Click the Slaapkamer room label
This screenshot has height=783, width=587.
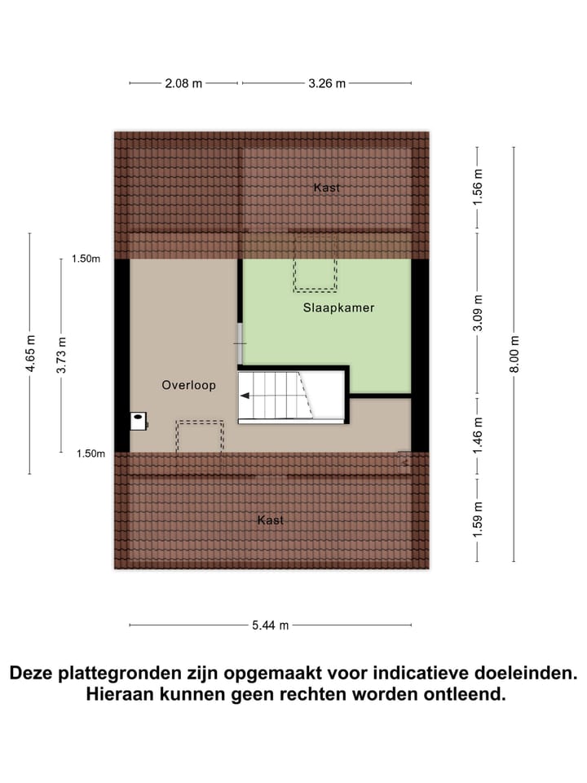338,307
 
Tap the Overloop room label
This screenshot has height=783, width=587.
188,385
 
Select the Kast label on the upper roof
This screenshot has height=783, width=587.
327,188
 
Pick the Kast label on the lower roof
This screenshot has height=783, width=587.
271,520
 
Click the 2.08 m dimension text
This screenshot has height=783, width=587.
183,83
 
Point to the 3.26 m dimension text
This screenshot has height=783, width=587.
325,83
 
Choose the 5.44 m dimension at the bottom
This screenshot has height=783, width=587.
270,626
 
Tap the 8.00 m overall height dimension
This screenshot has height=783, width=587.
514,355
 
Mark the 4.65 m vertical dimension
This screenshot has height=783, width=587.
30,355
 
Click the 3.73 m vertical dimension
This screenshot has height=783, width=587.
61,355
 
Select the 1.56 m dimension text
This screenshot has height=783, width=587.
478,188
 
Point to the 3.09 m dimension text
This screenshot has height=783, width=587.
478,313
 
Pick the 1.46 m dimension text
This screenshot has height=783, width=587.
478,436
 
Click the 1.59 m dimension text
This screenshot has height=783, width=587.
478,517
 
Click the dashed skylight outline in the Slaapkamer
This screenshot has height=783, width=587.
315,263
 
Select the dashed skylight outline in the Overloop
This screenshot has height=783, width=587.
200,439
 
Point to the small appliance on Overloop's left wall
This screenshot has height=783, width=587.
139,421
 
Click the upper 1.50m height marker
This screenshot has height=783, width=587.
86,259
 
